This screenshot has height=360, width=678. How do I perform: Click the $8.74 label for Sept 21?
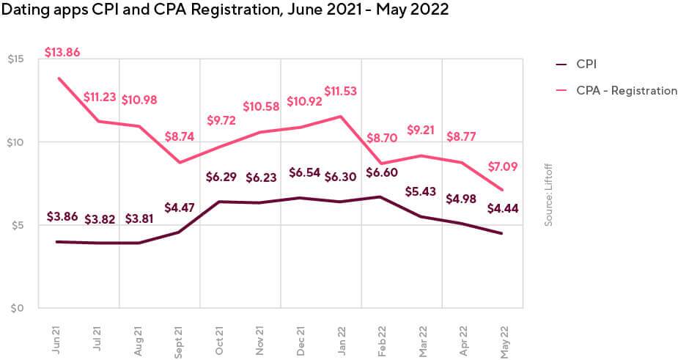click(x=180, y=136)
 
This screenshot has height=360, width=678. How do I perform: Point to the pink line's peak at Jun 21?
click(x=58, y=78)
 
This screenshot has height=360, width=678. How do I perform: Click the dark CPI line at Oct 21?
click(x=220, y=202)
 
